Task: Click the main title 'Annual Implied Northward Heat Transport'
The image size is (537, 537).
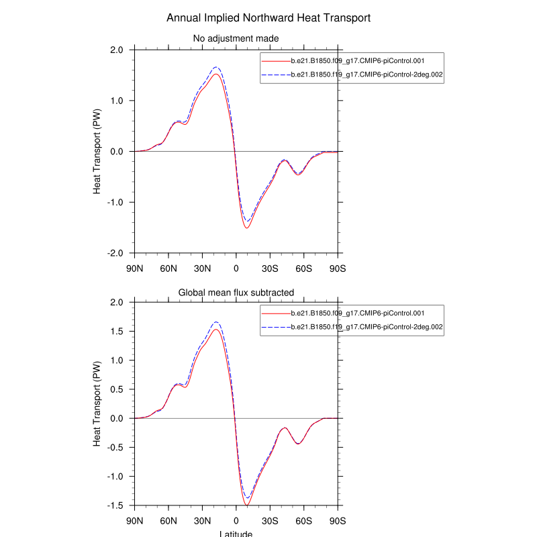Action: point(268,17)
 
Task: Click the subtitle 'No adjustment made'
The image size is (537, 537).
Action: point(236,38)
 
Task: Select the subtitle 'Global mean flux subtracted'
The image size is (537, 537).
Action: point(236,292)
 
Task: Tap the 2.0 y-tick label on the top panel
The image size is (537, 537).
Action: point(116,50)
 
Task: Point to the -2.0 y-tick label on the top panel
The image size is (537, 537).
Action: point(115,253)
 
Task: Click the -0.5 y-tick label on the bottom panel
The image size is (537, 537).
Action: point(115,448)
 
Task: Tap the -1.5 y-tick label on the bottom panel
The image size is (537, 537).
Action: point(115,505)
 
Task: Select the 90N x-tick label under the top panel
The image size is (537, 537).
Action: point(135,268)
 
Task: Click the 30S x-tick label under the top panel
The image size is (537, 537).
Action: point(270,268)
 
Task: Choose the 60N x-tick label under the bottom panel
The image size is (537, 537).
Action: point(168,520)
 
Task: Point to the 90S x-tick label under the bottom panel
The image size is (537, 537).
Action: point(338,520)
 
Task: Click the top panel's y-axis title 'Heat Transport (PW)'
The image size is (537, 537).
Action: point(97,152)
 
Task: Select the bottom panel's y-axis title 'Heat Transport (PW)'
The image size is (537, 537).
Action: point(97,404)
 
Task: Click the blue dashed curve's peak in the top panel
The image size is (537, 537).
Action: point(216,67)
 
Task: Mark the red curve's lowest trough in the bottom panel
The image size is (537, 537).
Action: point(247,505)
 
